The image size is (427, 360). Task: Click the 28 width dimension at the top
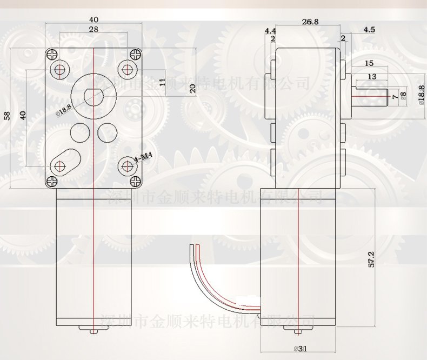point(94,29)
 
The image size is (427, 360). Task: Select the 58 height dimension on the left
point(7,116)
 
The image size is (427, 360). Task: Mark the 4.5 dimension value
point(370,29)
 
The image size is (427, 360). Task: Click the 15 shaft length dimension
point(370,63)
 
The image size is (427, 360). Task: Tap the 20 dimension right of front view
point(192,89)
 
